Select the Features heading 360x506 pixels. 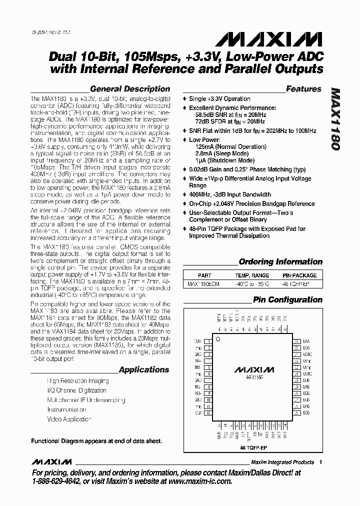pyautogui.click(x=303, y=89)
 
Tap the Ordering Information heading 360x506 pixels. pyautogui.click(x=280, y=261)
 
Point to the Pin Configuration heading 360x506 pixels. pyautogui.click(x=287, y=300)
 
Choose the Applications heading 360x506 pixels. pyautogui.click(x=144, y=370)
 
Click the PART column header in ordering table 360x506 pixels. pyautogui.click(x=204, y=275)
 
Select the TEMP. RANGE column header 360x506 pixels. pyautogui.click(x=252, y=275)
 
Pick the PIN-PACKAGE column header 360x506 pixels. pyautogui.click(x=299, y=275)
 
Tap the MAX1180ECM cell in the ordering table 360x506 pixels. pyautogui.click(x=204, y=284)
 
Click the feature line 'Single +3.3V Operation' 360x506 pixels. pyautogui.click(x=219, y=99)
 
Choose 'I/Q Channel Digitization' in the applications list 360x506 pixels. pyautogui.click(x=76, y=390)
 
